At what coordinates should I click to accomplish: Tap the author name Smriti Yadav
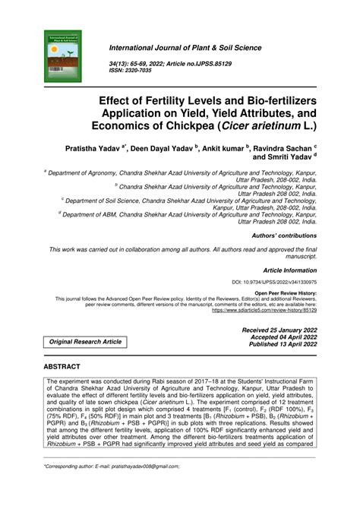pyautogui.click(x=286, y=158)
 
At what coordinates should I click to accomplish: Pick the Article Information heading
pyautogui.click(x=289, y=270)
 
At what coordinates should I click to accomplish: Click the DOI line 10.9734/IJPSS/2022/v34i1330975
pyautogui.click(x=274, y=282)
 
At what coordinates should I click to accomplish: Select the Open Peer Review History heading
pyautogui.click(x=286, y=292)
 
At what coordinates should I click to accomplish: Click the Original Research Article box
pyautogui.click(x=85, y=343)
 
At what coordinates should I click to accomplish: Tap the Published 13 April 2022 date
pyautogui.click(x=279, y=345)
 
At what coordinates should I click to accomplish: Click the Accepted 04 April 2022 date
pyautogui.click(x=281, y=337)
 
